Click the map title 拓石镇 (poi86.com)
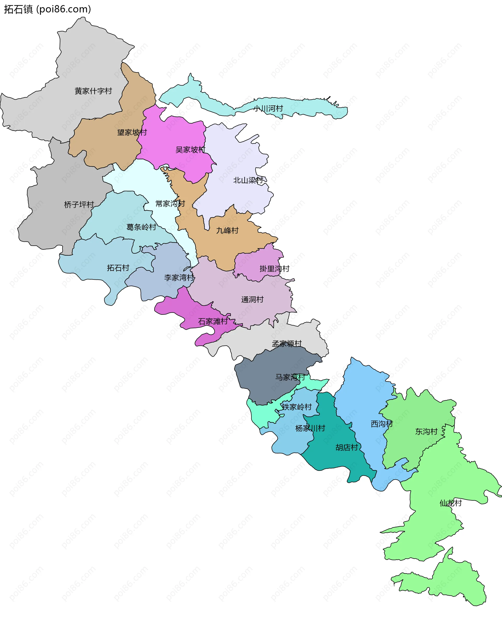point(47,9)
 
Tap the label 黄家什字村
point(93,91)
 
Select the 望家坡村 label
point(132,133)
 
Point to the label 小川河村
point(268,109)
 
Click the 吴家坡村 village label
point(190,150)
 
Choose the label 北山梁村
point(248,180)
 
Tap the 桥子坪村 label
point(79,205)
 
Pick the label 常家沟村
point(170,204)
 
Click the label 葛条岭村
point(141,227)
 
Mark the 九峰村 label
point(227,231)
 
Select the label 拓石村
point(118,268)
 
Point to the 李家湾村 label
point(179,278)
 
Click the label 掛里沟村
point(275,269)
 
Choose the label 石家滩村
point(213,322)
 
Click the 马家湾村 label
point(290,377)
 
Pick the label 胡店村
point(347,448)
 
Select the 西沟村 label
point(382,424)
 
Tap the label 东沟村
point(426,432)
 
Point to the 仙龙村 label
point(450,503)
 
